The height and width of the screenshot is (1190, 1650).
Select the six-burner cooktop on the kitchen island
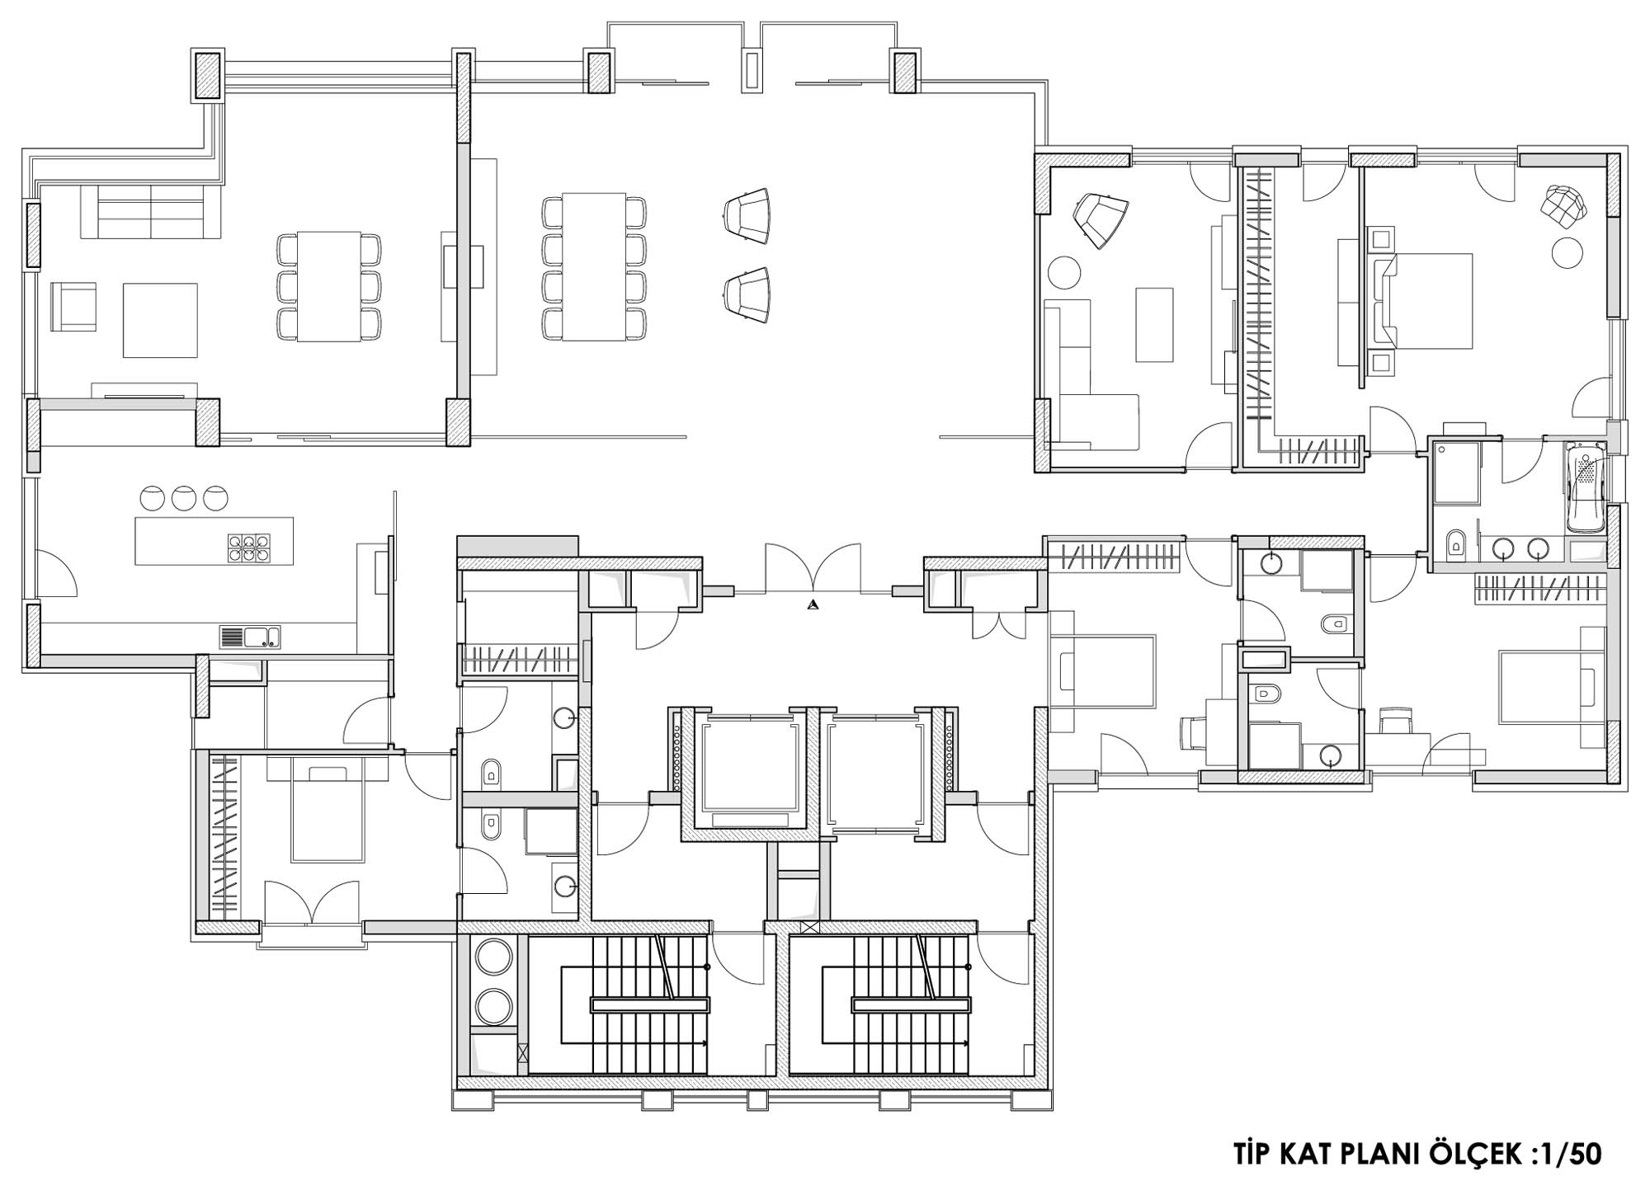pos(249,546)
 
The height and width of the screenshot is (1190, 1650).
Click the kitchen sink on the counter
pos(250,637)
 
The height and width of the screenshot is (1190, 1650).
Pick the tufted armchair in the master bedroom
pos(1565,203)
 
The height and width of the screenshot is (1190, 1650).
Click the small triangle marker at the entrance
pos(813,604)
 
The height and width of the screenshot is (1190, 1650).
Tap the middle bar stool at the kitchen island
pos(184,497)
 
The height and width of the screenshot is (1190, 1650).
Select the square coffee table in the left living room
pos(160,320)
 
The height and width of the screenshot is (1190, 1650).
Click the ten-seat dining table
pos(594,266)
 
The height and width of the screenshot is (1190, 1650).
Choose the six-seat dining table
pos(329,286)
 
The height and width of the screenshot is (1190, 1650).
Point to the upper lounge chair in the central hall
pos(747,217)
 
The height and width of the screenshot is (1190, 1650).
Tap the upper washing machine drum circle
pos(494,958)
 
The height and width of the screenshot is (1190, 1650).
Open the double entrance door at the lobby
pos(813,568)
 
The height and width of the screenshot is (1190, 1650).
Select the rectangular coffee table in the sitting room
pos(1154,325)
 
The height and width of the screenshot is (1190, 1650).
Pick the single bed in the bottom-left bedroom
pos(328,812)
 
